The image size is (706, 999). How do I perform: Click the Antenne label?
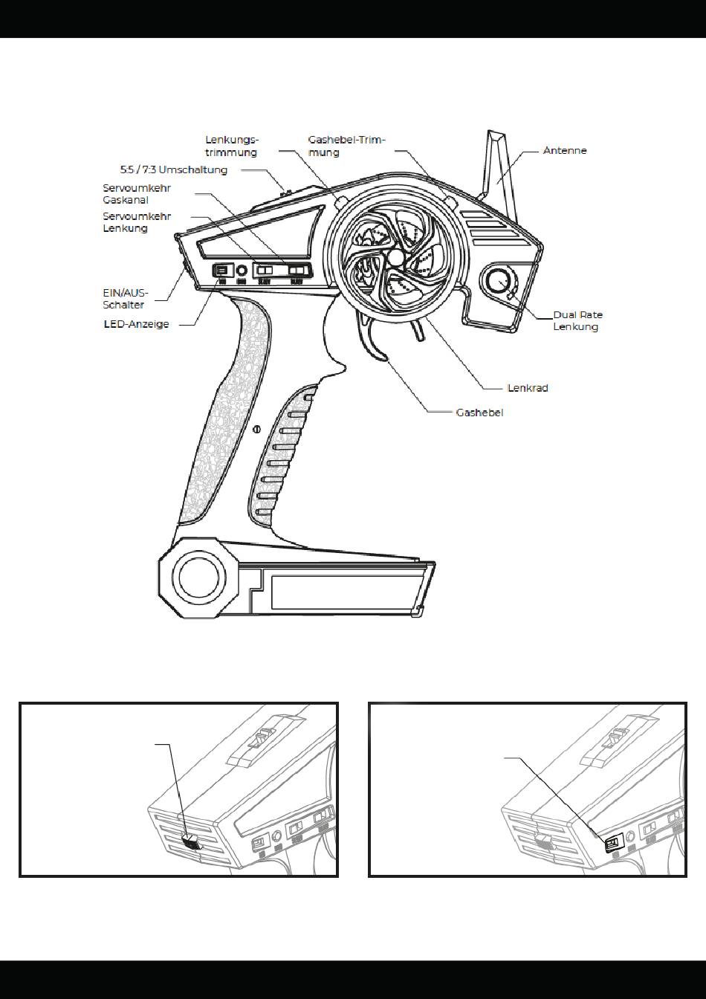point(565,151)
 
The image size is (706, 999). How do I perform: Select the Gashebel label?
point(479,412)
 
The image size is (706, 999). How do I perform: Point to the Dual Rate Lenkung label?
point(577,320)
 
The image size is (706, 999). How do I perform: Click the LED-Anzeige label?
point(135,325)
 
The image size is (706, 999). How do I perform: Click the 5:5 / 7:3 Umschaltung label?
point(173,170)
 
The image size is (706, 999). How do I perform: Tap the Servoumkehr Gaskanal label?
point(137,194)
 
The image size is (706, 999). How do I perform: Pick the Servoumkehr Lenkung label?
point(137,222)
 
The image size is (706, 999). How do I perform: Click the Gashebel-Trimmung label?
point(346,146)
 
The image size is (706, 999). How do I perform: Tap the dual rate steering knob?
point(499,282)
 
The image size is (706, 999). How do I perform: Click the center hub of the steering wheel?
point(396,256)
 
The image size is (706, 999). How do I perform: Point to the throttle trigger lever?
point(376,342)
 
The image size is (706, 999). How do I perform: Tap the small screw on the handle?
point(256,428)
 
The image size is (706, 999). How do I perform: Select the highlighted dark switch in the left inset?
point(191,841)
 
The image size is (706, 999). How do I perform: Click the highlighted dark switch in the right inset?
point(613,842)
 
